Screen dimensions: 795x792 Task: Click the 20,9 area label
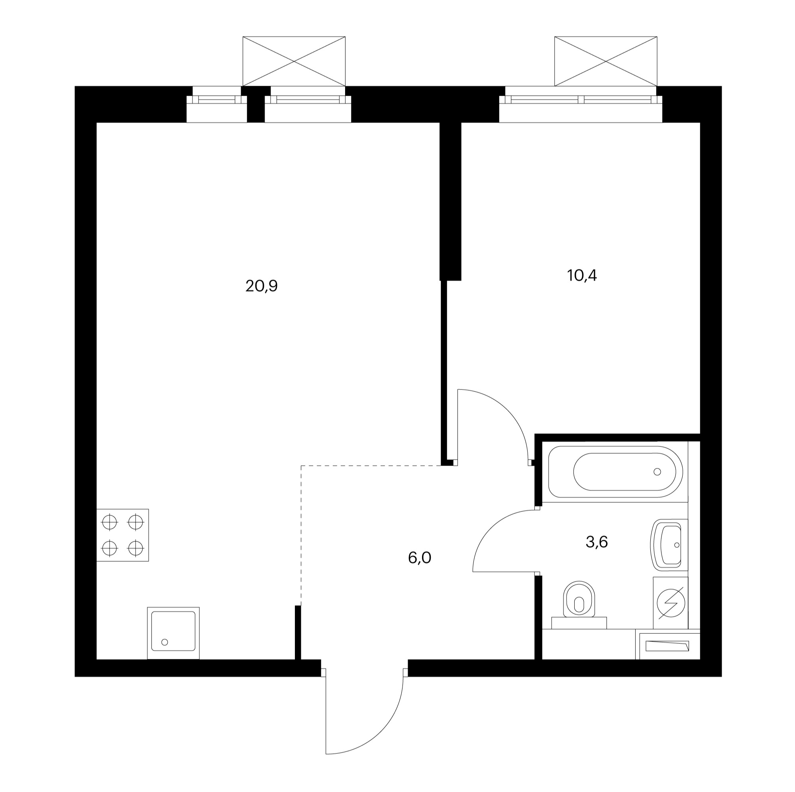(x=262, y=286)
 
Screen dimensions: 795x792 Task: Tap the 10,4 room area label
(x=582, y=275)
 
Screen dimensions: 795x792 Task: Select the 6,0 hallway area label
(x=420, y=558)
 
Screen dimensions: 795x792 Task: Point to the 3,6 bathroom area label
(x=597, y=542)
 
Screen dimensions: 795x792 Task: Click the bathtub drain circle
(x=657, y=472)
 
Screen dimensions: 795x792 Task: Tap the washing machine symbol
(x=671, y=603)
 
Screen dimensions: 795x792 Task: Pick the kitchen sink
(x=173, y=633)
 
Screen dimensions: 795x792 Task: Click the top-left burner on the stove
(x=110, y=523)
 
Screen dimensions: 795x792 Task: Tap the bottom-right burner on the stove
(x=135, y=548)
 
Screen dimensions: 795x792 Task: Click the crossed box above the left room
(x=294, y=61)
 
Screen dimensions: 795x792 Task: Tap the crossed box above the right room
(x=606, y=61)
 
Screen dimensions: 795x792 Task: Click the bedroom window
(x=581, y=104)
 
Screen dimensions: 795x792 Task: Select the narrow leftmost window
(x=217, y=104)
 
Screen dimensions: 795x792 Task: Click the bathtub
(x=615, y=472)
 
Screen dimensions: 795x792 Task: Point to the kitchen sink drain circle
(x=165, y=642)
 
